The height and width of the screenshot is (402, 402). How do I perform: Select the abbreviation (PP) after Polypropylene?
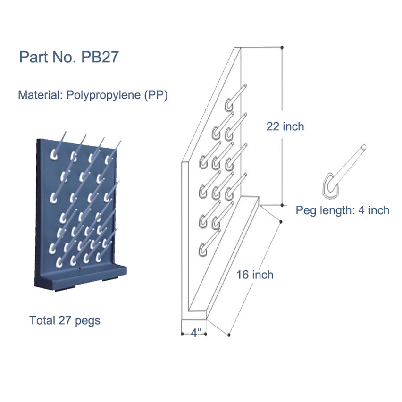(156, 95)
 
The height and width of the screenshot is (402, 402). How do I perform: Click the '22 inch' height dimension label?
(285, 126)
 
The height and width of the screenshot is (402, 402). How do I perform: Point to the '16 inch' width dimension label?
(255, 275)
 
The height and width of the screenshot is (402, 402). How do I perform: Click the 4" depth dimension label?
(194, 333)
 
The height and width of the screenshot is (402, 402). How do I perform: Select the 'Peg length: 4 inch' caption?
(343, 210)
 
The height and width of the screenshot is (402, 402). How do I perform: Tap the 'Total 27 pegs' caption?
(65, 320)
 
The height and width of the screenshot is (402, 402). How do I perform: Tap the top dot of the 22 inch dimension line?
(282, 47)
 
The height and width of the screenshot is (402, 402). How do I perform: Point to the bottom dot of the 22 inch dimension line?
(282, 205)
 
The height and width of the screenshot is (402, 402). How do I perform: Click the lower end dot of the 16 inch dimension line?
(229, 335)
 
